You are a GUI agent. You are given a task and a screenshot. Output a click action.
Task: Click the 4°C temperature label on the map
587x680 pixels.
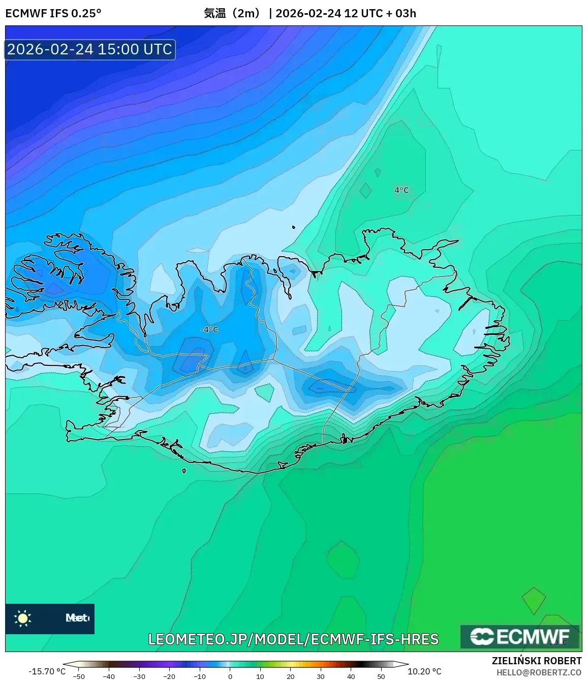pos(401,190)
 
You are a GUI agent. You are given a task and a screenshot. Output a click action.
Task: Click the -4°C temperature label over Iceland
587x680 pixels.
pos(209,330)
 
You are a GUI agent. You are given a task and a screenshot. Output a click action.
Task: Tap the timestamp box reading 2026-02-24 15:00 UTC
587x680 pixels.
pos(90,49)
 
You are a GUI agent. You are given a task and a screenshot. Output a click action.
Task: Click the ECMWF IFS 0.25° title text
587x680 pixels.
pos(53,13)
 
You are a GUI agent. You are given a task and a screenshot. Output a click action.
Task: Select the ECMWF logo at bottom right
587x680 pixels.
pos(519,637)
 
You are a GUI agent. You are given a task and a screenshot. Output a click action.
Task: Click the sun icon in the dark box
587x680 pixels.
pos(23,618)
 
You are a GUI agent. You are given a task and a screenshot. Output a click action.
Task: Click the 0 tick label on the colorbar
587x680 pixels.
pos(230,676)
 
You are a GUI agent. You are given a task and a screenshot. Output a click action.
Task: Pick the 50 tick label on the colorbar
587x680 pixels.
pos(381,676)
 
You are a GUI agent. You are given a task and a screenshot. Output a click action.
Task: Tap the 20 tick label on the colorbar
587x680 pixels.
pos(290,676)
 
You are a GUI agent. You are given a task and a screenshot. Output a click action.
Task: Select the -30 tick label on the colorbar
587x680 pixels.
pos(139,676)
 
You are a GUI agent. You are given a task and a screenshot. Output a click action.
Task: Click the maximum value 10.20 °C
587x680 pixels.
pos(424,671)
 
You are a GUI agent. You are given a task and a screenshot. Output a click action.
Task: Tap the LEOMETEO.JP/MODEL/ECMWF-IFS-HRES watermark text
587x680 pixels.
pos(293,639)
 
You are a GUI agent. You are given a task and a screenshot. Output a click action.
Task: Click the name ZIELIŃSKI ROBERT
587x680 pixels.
pos(537,661)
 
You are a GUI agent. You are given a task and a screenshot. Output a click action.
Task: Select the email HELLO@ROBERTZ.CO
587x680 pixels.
pos(539,672)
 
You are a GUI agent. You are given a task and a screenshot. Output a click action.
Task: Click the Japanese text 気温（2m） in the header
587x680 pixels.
pos(232,13)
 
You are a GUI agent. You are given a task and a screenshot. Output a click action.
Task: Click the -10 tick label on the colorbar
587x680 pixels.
pos(200,676)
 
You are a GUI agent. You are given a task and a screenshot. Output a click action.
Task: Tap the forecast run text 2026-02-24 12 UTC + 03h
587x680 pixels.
pos(346,13)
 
